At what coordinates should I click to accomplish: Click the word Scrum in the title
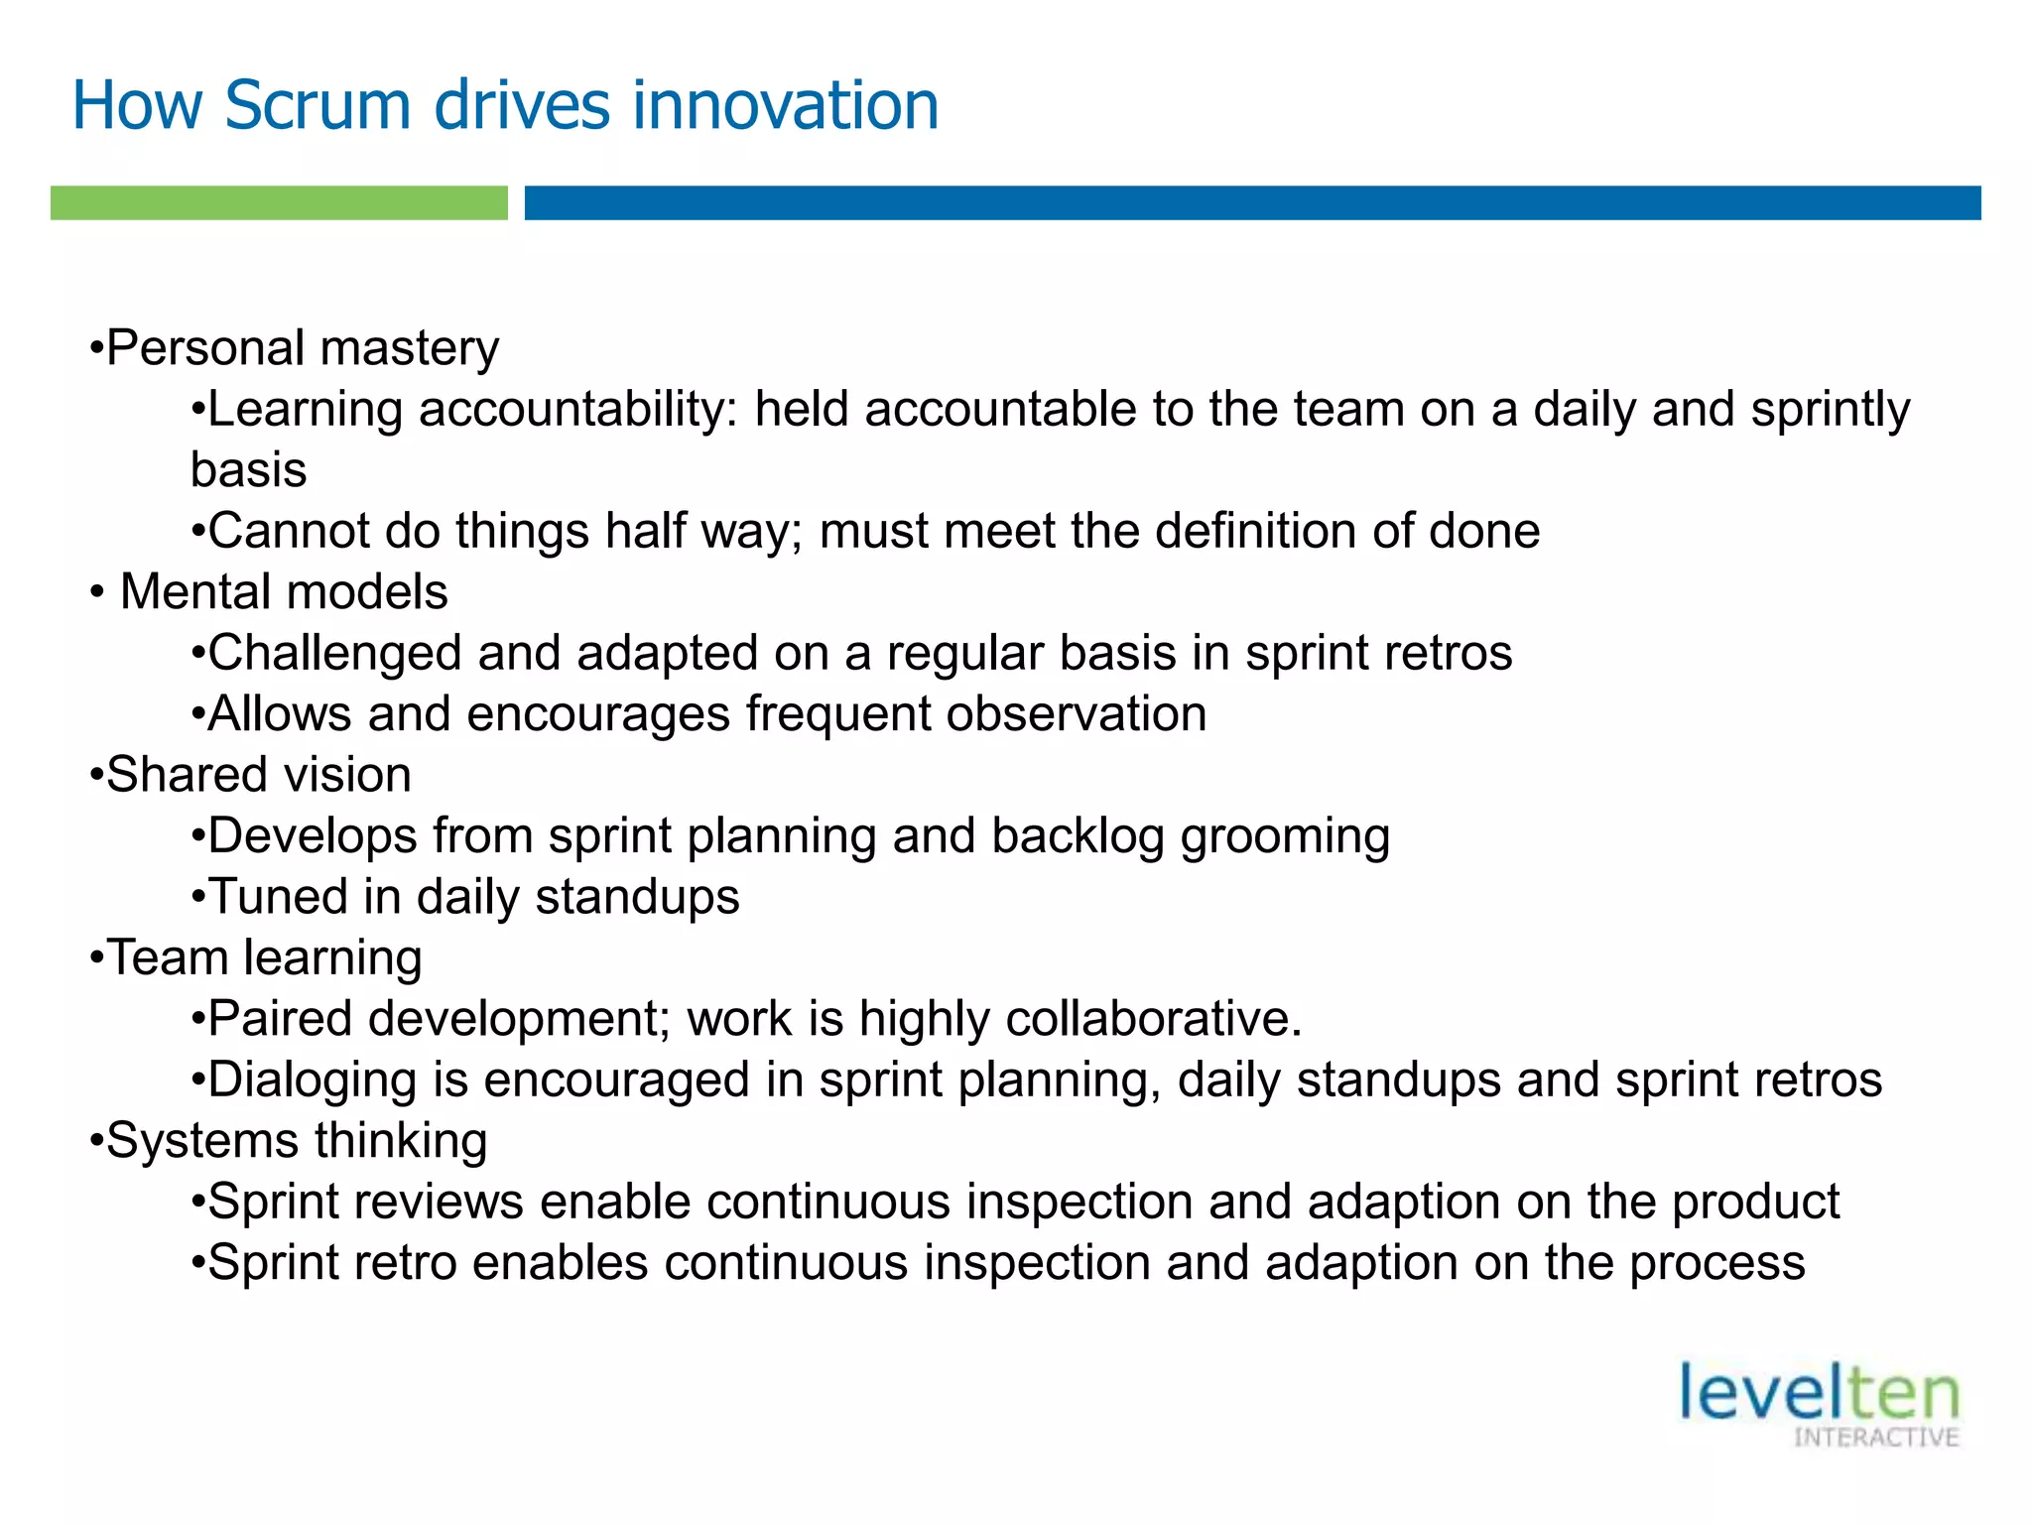[317, 105]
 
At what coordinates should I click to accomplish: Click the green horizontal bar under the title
[279, 202]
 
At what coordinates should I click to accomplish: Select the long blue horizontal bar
[1252, 202]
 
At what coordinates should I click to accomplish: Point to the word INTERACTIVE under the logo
[1875, 1438]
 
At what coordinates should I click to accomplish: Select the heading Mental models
[284, 592]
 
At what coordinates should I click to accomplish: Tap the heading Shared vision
[258, 775]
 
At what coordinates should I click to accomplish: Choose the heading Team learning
[264, 958]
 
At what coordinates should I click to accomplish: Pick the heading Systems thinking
[297, 1141]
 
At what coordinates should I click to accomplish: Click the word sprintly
[1830, 410]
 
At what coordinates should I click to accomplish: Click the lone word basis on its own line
[248, 470]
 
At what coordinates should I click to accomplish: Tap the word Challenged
[334, 653]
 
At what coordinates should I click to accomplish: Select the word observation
[1076, 714]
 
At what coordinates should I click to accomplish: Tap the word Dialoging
[312, 1080]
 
